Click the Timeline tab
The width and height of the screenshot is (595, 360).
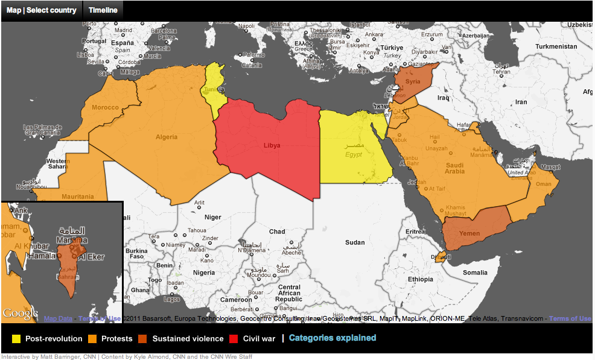tap(103, 10)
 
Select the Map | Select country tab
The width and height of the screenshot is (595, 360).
tap(42, 10)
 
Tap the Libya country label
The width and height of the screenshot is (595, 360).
tap(272, 145)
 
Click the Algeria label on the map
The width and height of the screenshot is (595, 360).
tap(167, 137)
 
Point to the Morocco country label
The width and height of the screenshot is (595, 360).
tap(105, 108)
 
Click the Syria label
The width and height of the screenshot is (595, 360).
tap(413, 81)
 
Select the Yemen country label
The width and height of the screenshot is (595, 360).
tap(470, 233)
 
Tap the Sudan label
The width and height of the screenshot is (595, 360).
tap(355, 242)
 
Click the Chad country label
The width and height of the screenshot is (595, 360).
tap(277, 232)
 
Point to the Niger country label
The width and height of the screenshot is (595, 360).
tap(212, 217)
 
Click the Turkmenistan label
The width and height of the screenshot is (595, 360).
tap(556, 46)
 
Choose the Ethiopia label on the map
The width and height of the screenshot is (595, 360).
tap(420, 279)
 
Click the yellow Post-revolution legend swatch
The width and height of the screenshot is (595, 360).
tap(16, 338)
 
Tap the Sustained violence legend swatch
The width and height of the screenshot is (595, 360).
tap(143, 338)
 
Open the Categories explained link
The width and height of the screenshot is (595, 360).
tap(332, 338)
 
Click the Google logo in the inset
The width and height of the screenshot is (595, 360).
tap(21, 313)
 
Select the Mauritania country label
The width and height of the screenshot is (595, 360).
tap(77, 197)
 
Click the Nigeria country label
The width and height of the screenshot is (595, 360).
tap(203, 272)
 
